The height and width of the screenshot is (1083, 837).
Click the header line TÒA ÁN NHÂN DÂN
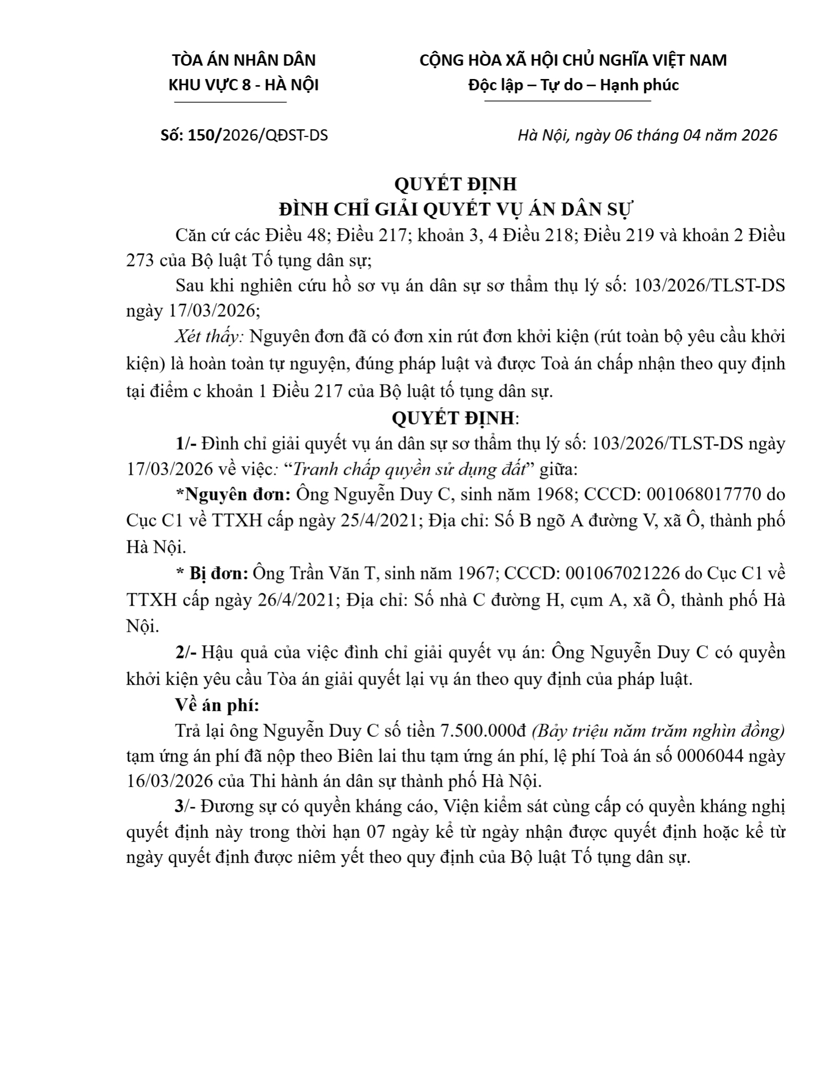tap(244, 61)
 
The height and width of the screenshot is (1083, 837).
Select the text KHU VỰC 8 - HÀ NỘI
tap(244, 85)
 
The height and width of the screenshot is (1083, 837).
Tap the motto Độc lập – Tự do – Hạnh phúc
tap(573, 85)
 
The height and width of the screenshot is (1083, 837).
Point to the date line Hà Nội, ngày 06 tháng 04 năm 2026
tap(647, 135)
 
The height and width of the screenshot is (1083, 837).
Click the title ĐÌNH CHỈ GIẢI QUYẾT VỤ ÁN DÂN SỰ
tap(455, 210)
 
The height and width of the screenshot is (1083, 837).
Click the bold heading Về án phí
tap(217, 706)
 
